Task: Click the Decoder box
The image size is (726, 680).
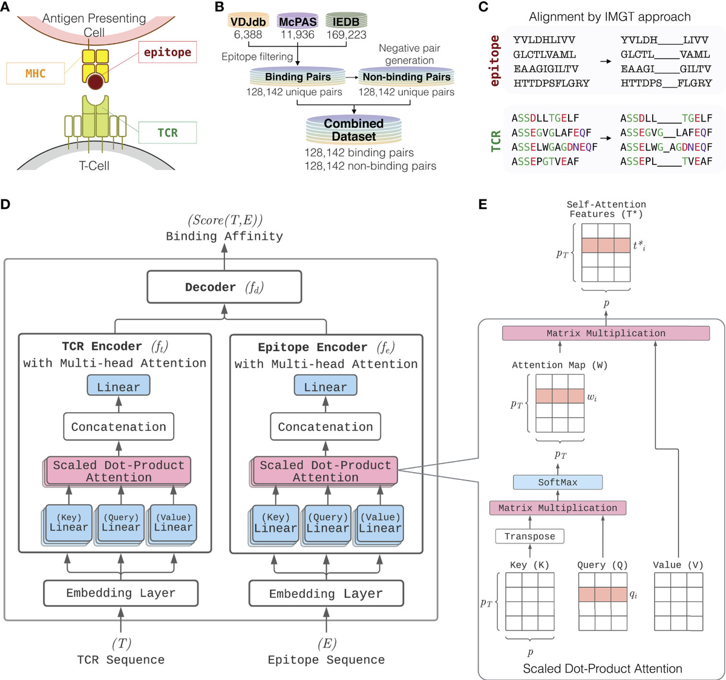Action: click(224, 287)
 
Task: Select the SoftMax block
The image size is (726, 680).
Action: click(557, 482)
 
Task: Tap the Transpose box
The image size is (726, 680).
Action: click(529, 536)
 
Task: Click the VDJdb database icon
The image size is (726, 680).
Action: click(248, 22)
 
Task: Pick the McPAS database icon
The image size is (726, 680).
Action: click(298, 22)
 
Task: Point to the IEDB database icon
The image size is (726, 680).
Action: click(346, 22)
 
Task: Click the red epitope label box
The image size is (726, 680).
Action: click(167, 53)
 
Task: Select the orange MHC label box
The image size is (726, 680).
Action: click(35, 73)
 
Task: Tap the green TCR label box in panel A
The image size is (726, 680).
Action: click(168, 132)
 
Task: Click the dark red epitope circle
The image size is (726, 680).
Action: click(95, 81)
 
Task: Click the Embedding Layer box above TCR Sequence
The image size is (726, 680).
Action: click(120, 594)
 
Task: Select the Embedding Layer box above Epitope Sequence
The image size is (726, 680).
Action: click(326, 594)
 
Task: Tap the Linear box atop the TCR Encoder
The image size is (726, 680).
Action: click(119, 387)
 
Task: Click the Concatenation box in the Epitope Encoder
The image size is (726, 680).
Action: click(325, 427)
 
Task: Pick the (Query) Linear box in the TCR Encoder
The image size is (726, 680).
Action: click(121, 523)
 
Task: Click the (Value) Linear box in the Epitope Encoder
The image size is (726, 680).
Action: click(380, 523)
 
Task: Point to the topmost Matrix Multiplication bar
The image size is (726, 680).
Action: click(606, 333)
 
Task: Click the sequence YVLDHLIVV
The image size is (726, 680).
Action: click(544, 40)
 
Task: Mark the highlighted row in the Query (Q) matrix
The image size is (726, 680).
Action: click(603, 594)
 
